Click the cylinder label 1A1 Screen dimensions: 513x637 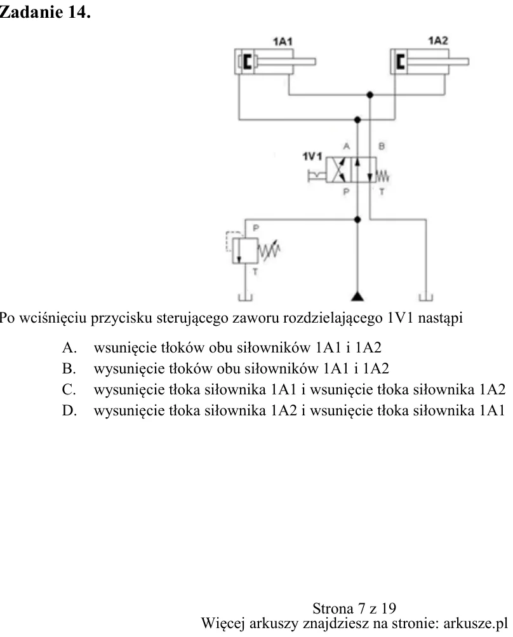(x=283, y=41)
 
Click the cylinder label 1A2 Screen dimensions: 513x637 (x=438, y=41)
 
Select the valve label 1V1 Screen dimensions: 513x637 (x=312, y=156)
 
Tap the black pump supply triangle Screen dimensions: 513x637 (x=357, y=296)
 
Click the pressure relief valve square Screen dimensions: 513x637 (x=245, y=251)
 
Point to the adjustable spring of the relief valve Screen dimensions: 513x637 (x=269, y=250)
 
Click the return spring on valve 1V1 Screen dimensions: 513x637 (x=383, y=177)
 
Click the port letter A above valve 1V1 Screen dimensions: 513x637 (x=347, y=146)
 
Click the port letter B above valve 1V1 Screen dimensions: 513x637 (x=382, y=146)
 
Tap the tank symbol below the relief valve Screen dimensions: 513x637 (x=245, y=298)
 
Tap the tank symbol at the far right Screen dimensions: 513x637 (x=425, y=298)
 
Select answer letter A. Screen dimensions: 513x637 (x=69, y=348)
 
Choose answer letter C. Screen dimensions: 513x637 (x=69, y=389)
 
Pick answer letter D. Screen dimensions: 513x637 (x=69, y=411)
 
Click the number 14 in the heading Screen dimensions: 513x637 (x=79, y=12)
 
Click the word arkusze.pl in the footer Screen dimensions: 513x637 (x=476, y=623)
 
